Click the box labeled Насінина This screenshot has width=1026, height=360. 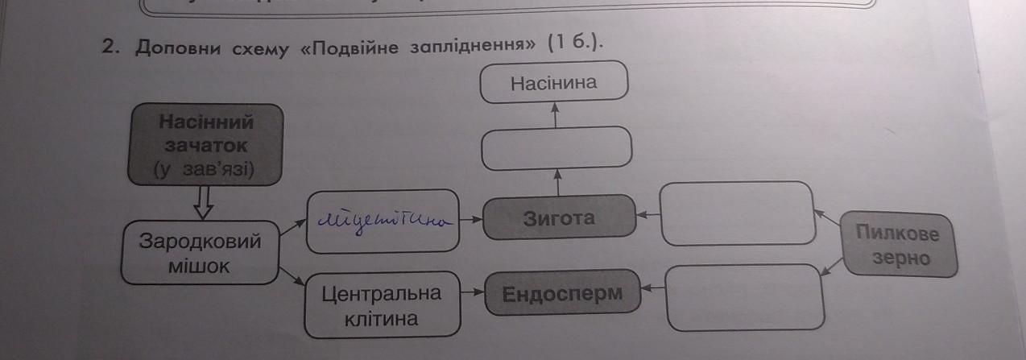pos(553,83)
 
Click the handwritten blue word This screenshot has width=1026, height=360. pos(383,218)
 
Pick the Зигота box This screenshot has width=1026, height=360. pos(558,218)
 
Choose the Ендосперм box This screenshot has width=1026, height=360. pos(562,294)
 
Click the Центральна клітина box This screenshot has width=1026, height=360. pos(382,306)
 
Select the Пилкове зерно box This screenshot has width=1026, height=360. pos(898,246)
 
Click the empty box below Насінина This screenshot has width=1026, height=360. pos(556,148)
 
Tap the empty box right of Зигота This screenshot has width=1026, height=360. pos(736,213)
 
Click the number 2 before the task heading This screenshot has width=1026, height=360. pos(110,47)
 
